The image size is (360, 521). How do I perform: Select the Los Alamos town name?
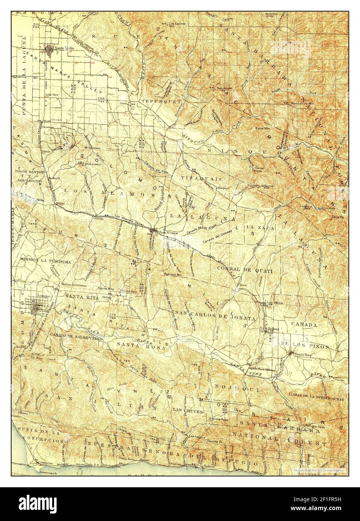(x=168, y=232)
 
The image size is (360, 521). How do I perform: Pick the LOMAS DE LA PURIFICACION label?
(x=316, y=400)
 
